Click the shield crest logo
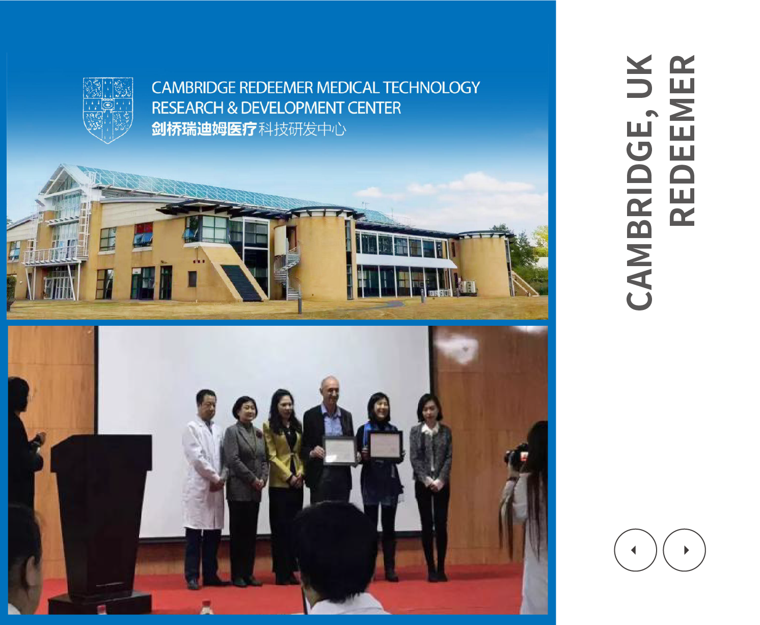click(x=108, y=110)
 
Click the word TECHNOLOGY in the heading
click(x=431, y=88)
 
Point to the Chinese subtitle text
click(x=249, y=129)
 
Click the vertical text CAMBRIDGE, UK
click(x=640, y=182)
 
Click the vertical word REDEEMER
click(x=682, y=141)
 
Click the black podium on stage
click(x=101, y=523)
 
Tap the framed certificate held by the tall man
click(x=339, y=451)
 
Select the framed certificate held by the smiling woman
click(x=385, y=446)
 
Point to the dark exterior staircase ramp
click(x=241, y=283)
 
